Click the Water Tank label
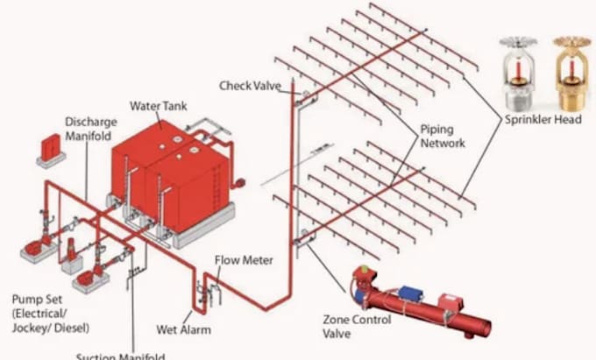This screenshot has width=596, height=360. click(159, 107)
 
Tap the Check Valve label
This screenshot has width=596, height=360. click(250, 85)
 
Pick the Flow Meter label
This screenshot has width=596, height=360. click(245, 261)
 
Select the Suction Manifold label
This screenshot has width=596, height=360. click(120, 356)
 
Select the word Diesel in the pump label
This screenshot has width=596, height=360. click(75, 327)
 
